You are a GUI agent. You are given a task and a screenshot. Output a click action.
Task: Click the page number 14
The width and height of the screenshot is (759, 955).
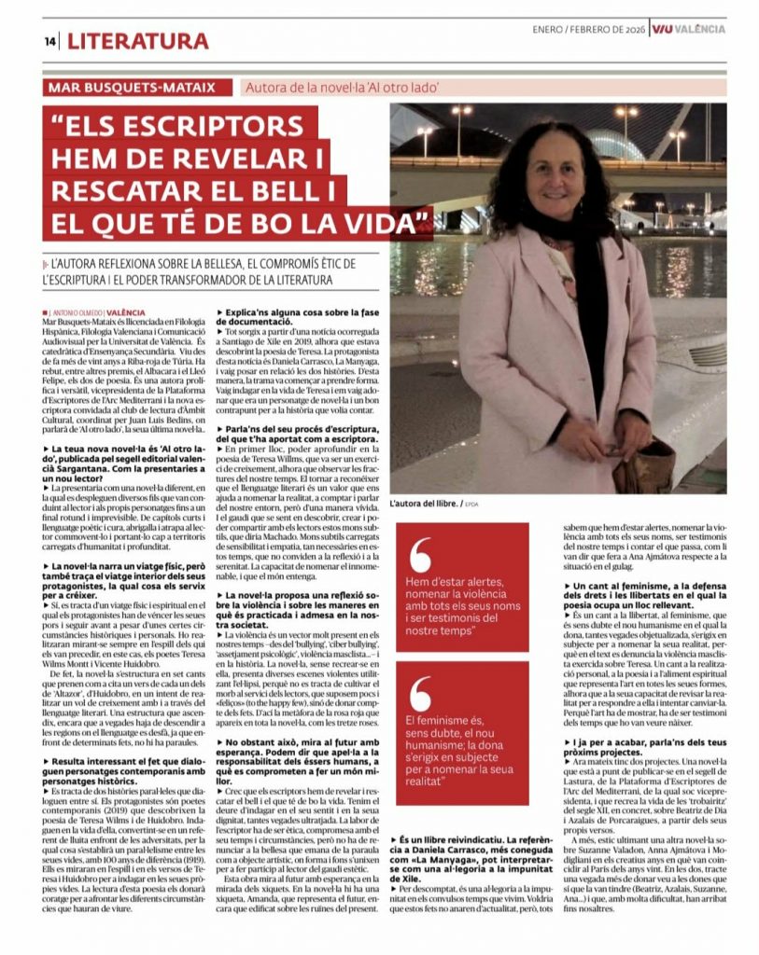[x=49, y=41]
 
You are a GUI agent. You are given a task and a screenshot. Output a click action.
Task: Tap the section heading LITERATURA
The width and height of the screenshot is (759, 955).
[x=137, y=41]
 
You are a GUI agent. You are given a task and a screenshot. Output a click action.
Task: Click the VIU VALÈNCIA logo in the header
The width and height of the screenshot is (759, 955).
[x=689, y=29]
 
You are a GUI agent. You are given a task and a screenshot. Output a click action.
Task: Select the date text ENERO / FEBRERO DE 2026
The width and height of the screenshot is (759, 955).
[x=590, y=29]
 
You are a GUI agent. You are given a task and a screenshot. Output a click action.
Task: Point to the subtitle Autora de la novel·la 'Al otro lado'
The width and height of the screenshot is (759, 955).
[x=342, y=89]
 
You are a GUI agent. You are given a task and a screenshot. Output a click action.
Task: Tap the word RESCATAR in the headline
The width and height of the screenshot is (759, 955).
[x=123, y=190]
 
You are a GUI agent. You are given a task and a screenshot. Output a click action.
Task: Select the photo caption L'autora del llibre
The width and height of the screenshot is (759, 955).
[x=427, y=503]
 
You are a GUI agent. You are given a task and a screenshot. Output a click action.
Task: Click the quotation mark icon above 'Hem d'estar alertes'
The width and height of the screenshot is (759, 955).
[x=419, y=556]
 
